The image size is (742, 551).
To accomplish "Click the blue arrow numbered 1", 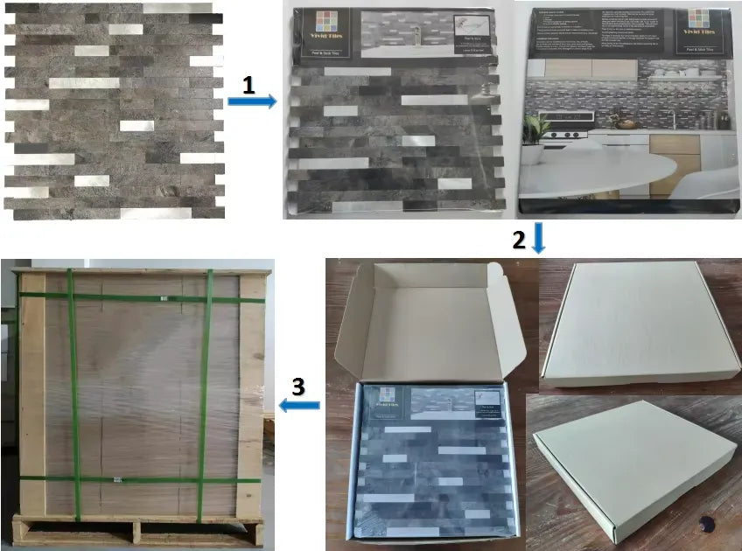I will (x=251, y=101).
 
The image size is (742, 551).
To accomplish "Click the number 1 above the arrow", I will (x=249, y=85).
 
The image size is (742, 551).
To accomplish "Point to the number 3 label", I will (x=298, y=386).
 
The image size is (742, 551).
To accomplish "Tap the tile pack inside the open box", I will (x=432, y=464).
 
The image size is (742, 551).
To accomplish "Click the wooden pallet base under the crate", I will (x=136, y=529).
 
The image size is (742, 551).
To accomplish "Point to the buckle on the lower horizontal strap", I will (x=116, y=479).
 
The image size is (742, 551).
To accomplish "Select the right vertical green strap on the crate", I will (x=204, y=394).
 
